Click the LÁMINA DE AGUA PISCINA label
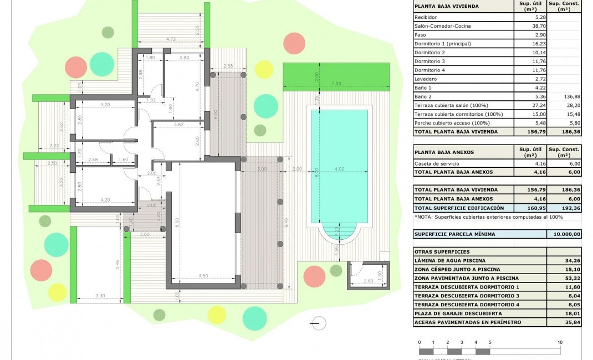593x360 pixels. pyautogui.click(x=449, y=260)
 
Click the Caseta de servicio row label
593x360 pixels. pyautogui.click(x=437, y=163)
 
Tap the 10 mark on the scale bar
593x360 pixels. pyautogui.click(x=560, y=343)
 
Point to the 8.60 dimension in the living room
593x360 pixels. pyautogui.click(x=177, y=220)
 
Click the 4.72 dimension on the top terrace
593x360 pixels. pyautogui.click(x=171, y=39)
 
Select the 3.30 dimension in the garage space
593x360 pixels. pyautogui.click(x=100, y=296)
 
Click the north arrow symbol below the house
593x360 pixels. pyautogui.click(x=315, y=323)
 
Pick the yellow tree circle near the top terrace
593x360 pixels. pyautogui.click(x=264, y=70)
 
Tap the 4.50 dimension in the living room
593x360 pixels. pyautogui.click(x=203, y=276)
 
